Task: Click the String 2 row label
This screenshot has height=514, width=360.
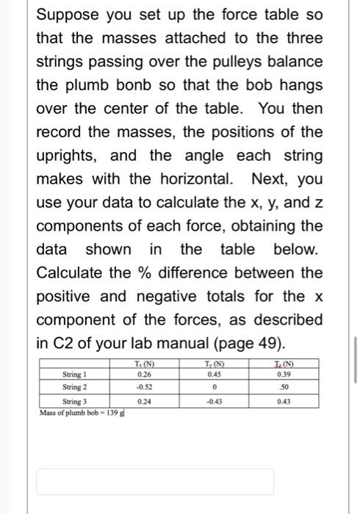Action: [x=75, y=386]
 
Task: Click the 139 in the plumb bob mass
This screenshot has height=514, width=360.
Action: [x=115, y=412]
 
